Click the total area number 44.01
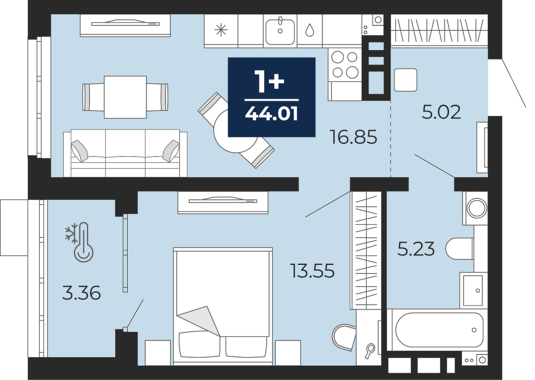point(272,114)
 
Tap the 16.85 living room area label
point(354,137)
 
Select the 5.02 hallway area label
point(442,112)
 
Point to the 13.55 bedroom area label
point(312,270)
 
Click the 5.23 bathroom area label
point(416,249)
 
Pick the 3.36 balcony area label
point(81,294)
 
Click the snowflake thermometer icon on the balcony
point(80,242)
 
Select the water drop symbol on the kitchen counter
point(310,30)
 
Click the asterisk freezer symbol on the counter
point(221,30)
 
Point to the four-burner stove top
point(345,64)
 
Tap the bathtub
point(439,330)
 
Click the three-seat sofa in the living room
point(125,153)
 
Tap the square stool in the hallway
point(406,80)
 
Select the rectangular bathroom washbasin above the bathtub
point(473,290)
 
